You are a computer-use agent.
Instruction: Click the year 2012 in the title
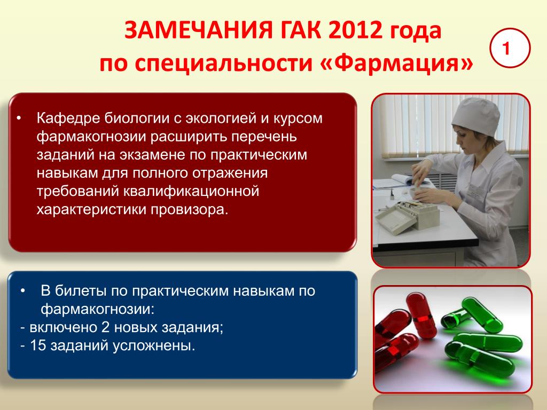355,30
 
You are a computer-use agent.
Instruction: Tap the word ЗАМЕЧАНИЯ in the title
198,30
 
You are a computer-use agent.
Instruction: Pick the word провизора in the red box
189,210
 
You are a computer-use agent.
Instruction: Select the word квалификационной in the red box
191,192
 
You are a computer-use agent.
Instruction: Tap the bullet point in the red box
19,119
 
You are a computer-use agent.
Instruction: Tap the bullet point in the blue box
22,291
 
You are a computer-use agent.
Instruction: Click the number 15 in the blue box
38,345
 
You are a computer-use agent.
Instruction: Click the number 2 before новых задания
105,327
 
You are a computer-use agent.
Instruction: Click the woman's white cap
476,116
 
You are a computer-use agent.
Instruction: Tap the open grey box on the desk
407,216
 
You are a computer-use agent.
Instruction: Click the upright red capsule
421,316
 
